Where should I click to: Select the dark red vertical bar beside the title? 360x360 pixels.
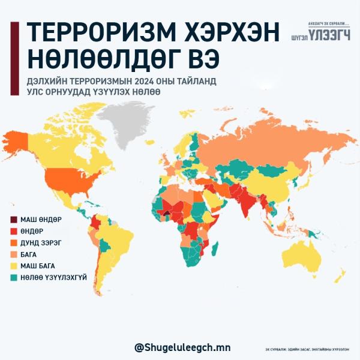coord(13,58)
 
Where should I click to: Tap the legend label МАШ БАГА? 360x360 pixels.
coord(37,266)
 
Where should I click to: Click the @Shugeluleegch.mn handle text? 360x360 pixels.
coord(182,347)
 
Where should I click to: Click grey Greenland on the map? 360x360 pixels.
coord(127,123)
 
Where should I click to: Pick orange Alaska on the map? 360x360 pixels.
coord(17,141)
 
